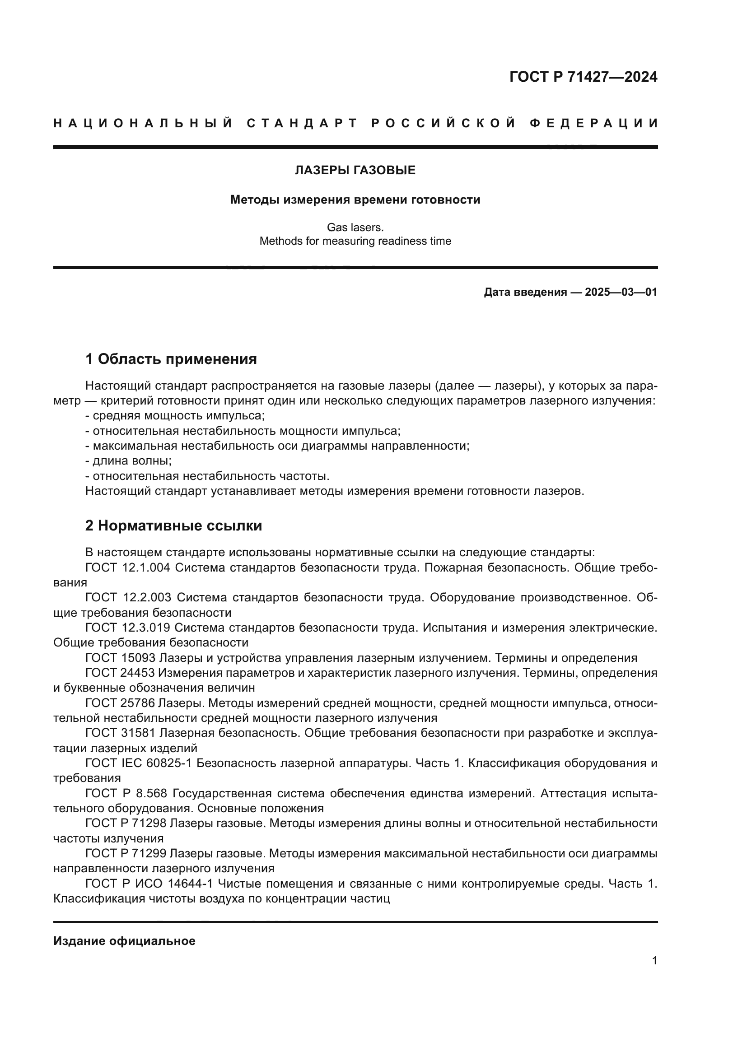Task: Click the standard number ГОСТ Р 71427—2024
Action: [x=583, y=77]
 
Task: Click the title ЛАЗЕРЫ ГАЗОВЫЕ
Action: [x=355, y=171]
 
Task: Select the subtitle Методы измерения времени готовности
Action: [x=355, y=200]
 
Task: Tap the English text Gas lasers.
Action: [x=355, y=227]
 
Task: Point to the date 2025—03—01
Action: [x=621, y=292]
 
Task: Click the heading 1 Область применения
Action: [x=171, y=359]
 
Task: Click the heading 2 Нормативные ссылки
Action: [x=173, y=526]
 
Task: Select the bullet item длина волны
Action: [x=132, y=461]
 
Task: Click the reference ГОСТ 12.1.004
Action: [x=127, y=568]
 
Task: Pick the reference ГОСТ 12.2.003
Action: [x=128, y=597]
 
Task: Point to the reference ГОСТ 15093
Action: [x=120, y=658]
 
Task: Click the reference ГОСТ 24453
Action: [x=120, y=673]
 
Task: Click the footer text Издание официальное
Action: [x=124, y=941]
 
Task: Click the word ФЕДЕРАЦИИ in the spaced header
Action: [x=594, y=123]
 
